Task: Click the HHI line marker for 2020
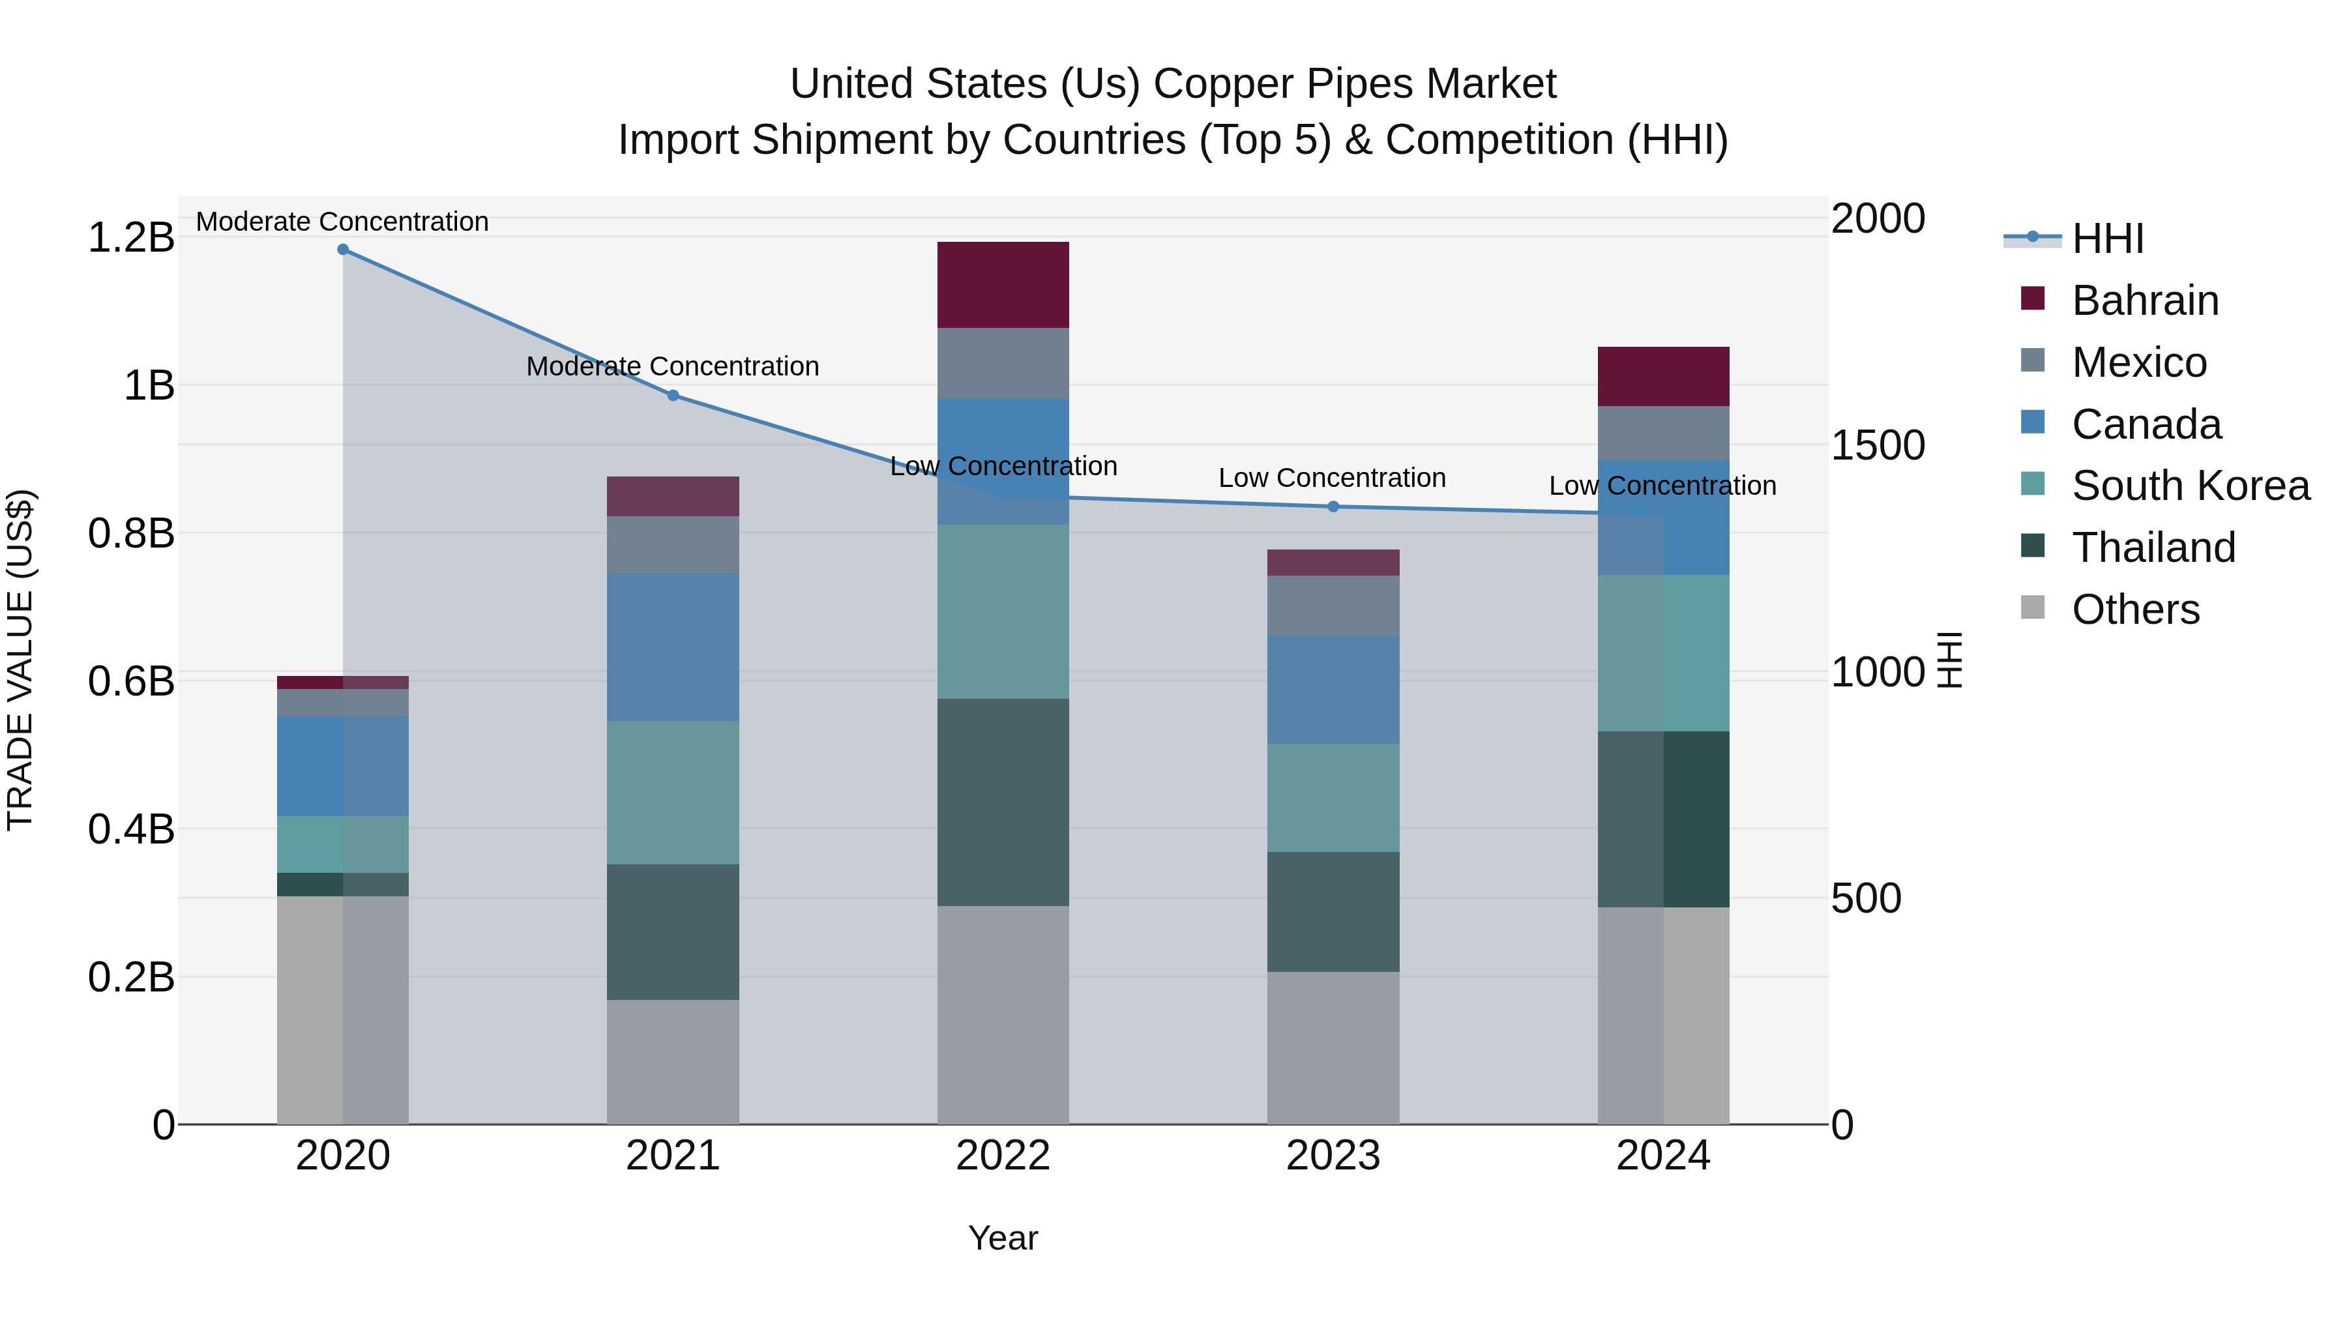pos(342,250)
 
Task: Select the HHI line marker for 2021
pos(672,396)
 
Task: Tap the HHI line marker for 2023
pos(1333,506)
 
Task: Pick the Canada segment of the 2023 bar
pos(1333,689)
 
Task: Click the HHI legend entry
pos(2106,239)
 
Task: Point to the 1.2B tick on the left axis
pos(131,238)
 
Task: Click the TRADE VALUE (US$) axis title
pos(20,660)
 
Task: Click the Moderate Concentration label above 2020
pos(342,222)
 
